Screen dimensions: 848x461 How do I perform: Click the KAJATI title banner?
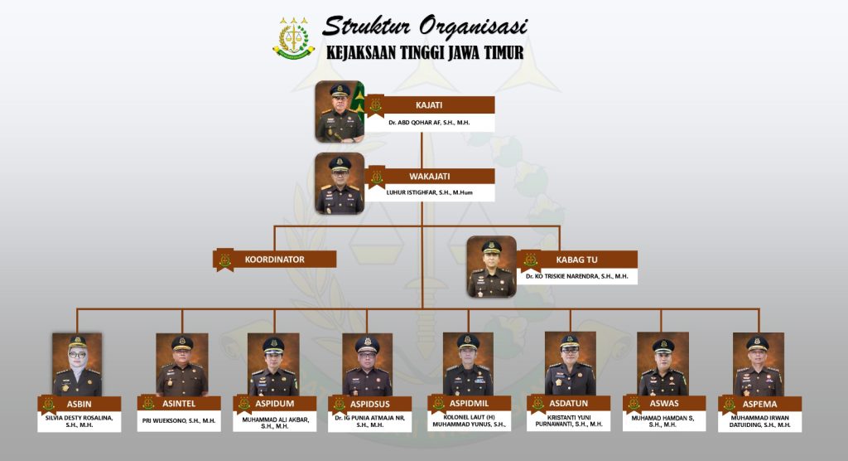[430, 105]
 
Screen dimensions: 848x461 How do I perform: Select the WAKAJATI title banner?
[430, 176]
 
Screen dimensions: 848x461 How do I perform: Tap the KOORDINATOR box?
[275, 260]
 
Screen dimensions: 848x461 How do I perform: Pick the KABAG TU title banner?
[577, 260]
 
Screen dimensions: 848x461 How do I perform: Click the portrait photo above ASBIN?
[77, 364]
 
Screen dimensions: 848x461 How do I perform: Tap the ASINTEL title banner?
[179, 404]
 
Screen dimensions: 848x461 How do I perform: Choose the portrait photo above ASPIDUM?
[273, 364]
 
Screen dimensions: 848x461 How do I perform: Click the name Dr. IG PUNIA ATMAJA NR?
[370, 418]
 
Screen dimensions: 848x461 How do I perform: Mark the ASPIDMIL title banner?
[469, 404]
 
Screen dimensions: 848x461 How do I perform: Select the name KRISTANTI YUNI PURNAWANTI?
[569, 421]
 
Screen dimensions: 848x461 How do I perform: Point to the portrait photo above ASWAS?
[662, 364]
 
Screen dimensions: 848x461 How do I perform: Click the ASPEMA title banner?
[760, 404]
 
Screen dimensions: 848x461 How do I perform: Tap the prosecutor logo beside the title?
[294, 37]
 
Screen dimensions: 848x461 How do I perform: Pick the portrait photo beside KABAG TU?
[492, 266]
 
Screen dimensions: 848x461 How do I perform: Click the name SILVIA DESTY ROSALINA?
[79, 418]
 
